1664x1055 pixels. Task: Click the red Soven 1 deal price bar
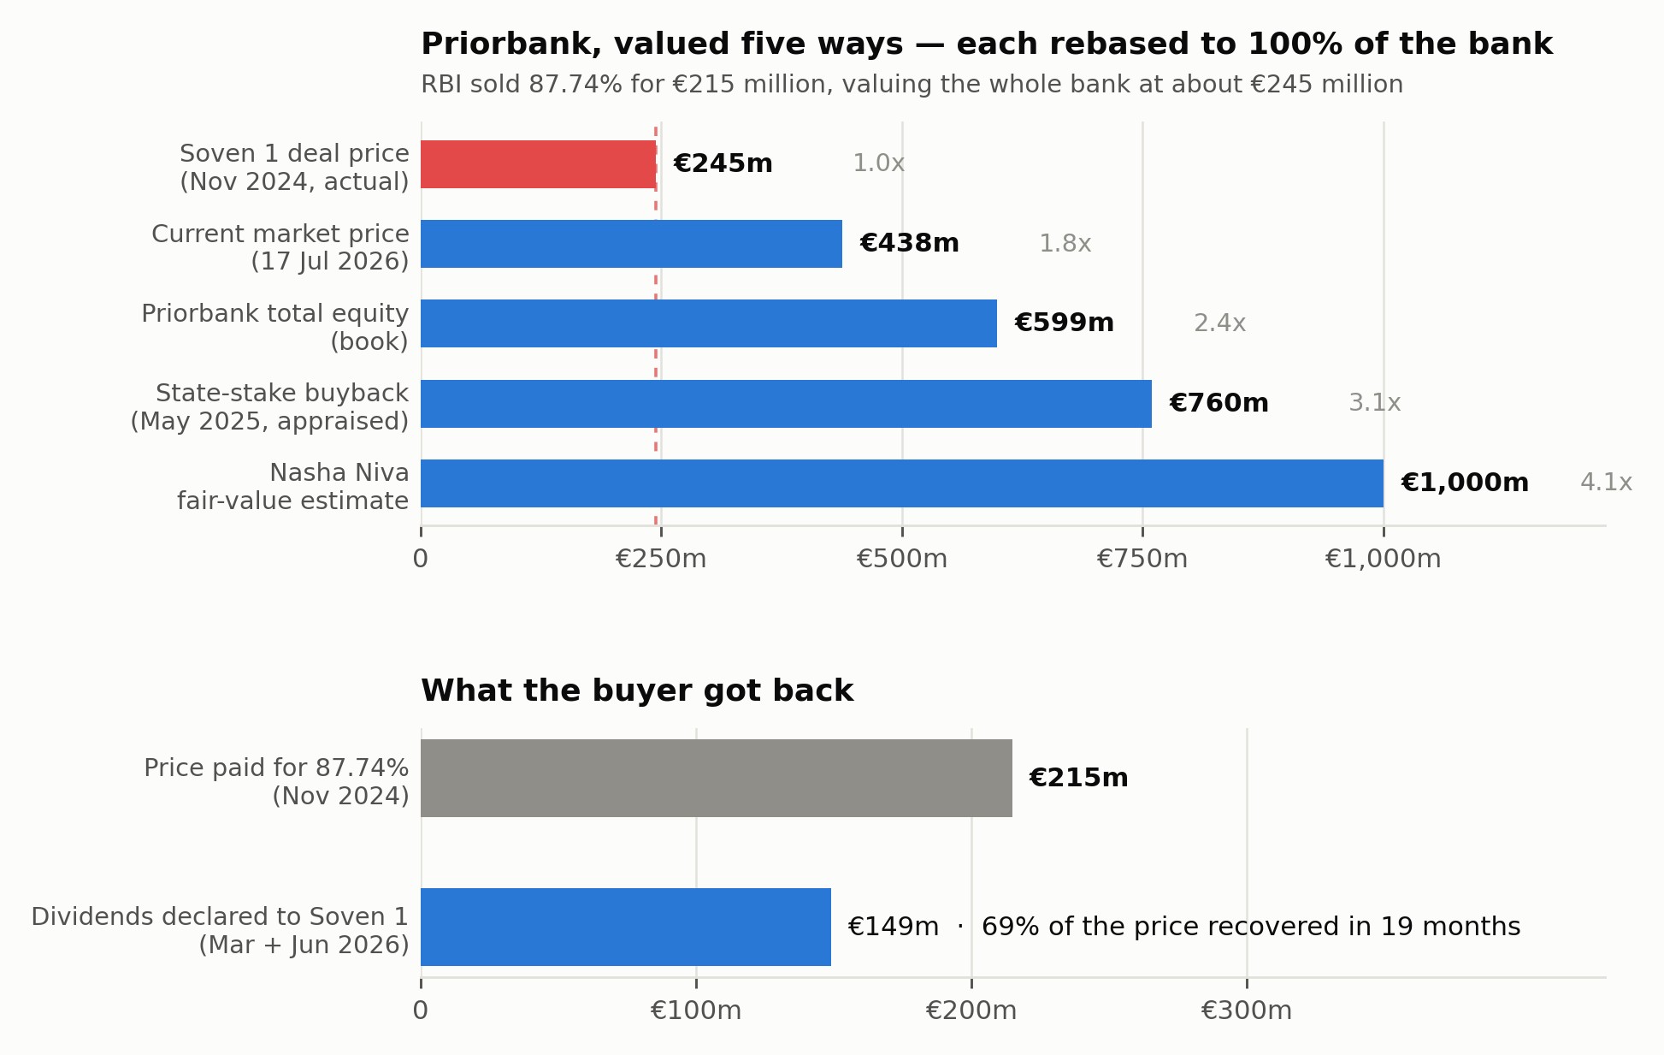click(x=539, y=164)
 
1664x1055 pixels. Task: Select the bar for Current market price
click(x=631, y=244)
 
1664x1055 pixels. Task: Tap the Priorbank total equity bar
click(x=709, y=323)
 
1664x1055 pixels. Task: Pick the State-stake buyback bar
click(x=786, y=404)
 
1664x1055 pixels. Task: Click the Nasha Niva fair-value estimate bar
click(x=902, y=483)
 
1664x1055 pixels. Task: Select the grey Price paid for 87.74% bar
click(x=717, y=778)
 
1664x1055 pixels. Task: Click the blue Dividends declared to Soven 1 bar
click(x=626, y=927)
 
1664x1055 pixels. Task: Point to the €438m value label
click(x=909, y=244)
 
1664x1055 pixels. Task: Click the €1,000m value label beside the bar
click(x=1465, y=483)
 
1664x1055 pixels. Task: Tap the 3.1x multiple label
click(x=1375, y=403)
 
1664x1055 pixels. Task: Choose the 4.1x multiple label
click(x=1607, y=483)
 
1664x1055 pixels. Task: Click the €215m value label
click(x=1078, y=778)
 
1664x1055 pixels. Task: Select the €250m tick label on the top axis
click(x=661, y=560)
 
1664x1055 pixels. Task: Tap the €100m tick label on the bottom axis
click(x=696, y=1011)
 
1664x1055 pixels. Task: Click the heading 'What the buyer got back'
click(x=637, y=691)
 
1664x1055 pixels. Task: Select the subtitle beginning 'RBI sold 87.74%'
click(x=912, y=85)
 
